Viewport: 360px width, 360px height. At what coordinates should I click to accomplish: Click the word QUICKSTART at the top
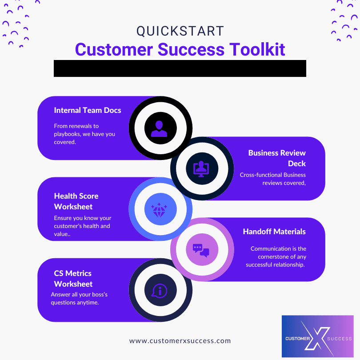tap(180, 31)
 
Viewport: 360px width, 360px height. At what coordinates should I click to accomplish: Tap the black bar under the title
tap(180, 68)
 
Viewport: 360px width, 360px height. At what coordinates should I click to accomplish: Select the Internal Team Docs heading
tap(88, 110)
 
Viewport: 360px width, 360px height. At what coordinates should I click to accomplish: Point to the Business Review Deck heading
tap(277, 158)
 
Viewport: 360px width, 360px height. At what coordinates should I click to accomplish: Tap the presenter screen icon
tap(202, 168)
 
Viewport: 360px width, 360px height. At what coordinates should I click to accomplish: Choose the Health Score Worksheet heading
tap(76, 201)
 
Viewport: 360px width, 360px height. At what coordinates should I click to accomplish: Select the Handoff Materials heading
tap(274, 232)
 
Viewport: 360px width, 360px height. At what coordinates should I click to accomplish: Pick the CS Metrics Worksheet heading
tap(73, 279)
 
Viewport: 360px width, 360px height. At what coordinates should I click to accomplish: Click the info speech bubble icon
tap(160, 291)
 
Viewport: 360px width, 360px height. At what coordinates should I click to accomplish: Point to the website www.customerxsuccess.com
tap(180, 341)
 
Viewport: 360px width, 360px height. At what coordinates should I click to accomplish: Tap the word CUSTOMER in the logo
tap(297, 339)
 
